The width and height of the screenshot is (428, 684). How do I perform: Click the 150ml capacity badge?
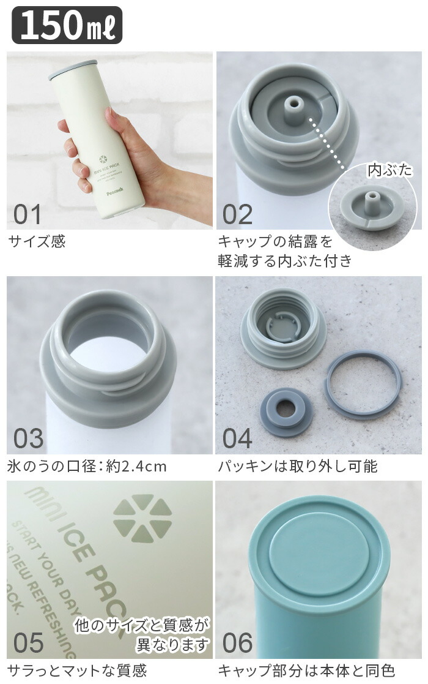[x=67, y=25]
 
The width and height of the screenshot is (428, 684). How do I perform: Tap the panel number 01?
[x=28, y=214]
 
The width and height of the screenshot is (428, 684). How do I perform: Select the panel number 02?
[x=237, y=214]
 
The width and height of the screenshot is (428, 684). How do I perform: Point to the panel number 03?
[x=28, y=438]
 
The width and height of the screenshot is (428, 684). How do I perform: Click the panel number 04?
[x=237, y=438]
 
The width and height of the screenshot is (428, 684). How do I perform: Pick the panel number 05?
[x=28, y=642]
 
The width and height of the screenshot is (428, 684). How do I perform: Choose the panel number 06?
[x=237, y=642]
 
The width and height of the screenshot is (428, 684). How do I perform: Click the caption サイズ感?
[x=37, y=241]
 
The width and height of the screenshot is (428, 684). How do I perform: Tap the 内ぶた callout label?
[x=389, y=170]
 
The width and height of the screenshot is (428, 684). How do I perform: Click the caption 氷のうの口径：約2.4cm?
[x=87, y=467]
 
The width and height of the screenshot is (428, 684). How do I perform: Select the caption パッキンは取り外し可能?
[x=297, y=467]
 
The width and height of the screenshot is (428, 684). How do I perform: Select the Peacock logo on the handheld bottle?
[x=114, y=189]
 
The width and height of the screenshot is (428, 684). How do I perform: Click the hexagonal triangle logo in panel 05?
[x=142, y=518]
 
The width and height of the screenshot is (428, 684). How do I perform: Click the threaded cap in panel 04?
[x=284, y=330]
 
